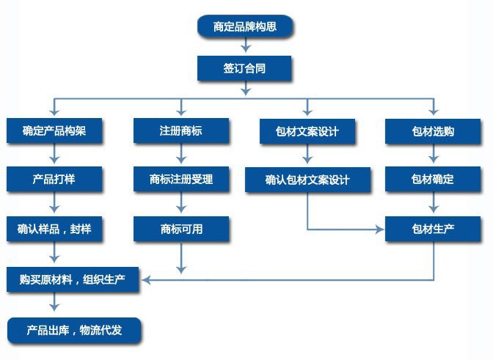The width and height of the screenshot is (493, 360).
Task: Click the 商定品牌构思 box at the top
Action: [x=245, y=27]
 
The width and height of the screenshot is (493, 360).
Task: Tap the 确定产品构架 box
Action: [x=54, y=132]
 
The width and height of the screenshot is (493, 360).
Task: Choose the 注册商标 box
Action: [x=181, y=131]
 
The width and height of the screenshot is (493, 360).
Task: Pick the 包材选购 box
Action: [x=433, y=132]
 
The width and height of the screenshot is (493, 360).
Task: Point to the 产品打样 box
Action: [x=54, y=179]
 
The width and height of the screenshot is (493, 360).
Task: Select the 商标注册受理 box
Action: [x=181, y=179]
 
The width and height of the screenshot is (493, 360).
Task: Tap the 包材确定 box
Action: [x=433, y=179]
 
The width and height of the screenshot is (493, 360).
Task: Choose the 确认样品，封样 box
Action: [x=54, y=229]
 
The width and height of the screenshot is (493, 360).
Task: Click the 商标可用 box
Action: [x=181, y=229]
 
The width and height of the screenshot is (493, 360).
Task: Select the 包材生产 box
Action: [x=433, y=229]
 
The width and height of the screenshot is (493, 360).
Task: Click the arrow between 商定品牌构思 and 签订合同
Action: [x=245, y=48]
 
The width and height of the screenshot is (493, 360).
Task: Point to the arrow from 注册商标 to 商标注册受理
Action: [x=181, y=155]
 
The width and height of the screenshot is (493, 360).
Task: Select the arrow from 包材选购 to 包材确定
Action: [x=433, y=155]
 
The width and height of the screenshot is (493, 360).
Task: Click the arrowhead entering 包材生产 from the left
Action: [x=380, y=229]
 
